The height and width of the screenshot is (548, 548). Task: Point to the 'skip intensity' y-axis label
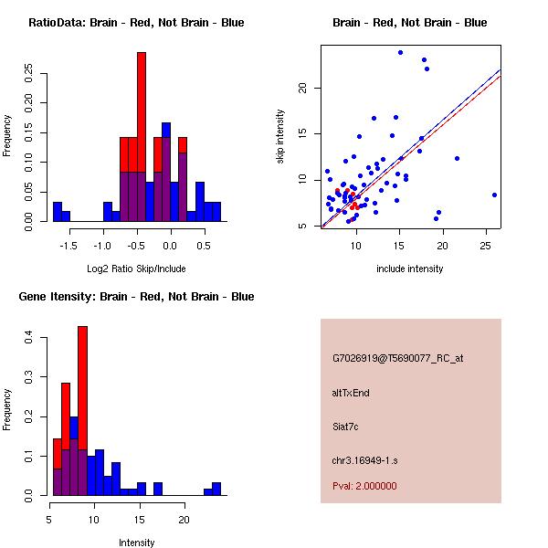[280, 137]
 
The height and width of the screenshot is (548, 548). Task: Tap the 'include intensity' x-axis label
[410, 269]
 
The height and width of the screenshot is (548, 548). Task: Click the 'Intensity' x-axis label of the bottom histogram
[136, 543]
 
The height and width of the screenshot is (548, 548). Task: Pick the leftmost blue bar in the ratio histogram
[58, 212]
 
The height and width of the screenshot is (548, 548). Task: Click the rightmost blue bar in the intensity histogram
[216, 489]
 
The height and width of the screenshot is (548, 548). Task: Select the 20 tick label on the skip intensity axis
[304, 88]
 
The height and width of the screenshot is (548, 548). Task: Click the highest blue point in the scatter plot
[400, 52]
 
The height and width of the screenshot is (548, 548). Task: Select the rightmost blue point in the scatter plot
[494, 195]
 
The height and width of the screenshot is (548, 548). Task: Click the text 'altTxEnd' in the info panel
[351, 393]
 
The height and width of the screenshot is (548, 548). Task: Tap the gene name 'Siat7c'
[345, 426]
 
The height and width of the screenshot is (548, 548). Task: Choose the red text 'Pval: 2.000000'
[364, 486]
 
